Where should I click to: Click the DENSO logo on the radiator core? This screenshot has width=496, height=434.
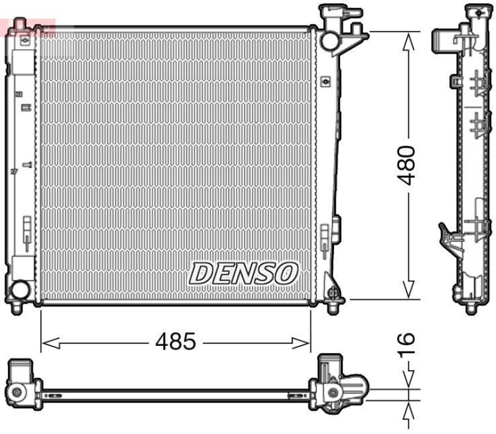[244, 273]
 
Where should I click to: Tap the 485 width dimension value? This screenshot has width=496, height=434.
[176, 341]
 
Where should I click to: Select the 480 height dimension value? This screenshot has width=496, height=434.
[408, 166]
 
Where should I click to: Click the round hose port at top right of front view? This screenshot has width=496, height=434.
[329, 38]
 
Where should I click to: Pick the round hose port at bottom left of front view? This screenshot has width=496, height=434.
[20, 289]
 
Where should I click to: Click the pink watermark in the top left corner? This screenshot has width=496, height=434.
[28, 26]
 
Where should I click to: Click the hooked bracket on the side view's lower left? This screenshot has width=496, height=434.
[448, 236]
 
